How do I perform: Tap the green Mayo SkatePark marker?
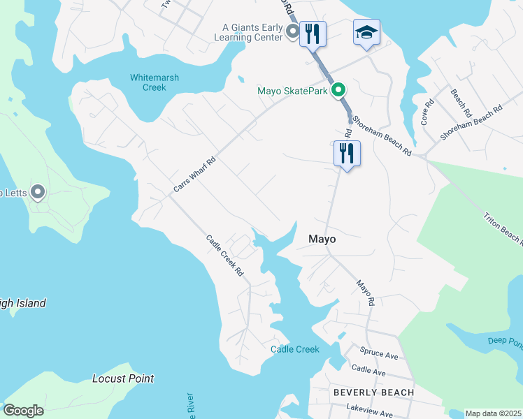click(x=339, y=90)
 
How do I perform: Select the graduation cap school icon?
click(x=366, y=32)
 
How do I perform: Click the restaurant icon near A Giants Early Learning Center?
click(x=313, y=32)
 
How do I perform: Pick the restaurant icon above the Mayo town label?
click(x=347, y=153)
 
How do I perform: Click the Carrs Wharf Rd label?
click(x=194, y=174)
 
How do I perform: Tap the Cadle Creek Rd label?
click(x=224, y=255)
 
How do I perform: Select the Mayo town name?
click(x=322, y=239)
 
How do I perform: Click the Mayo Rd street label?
click(x=366, y=293)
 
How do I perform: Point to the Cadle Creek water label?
click(x=295, y=349)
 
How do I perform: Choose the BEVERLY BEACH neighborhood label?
click(x=373, y=392)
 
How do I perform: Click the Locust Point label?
click(x=123, y=378)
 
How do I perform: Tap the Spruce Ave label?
click(x=378, y=355)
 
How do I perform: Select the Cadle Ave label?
click(x=368, y=370)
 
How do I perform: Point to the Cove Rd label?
click(x=427, y=112)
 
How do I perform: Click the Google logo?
click(x=23, y=411)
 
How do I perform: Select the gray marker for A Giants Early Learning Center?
click(x=294, y=31)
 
